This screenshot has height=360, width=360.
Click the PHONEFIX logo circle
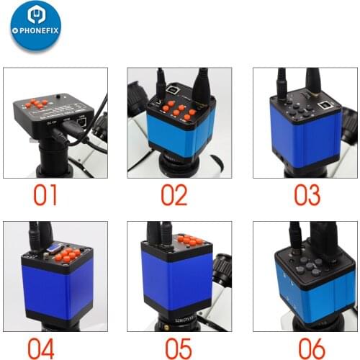36,27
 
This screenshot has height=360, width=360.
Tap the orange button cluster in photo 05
190,240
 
